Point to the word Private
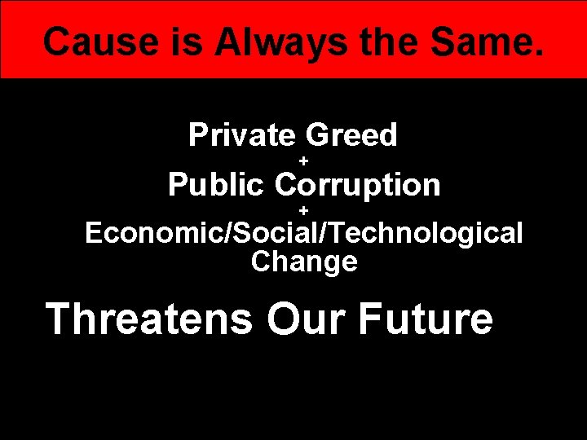241,135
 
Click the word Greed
351,135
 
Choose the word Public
216,185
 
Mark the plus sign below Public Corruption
303,211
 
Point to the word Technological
424,234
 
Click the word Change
304,262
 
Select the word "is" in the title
169,41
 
